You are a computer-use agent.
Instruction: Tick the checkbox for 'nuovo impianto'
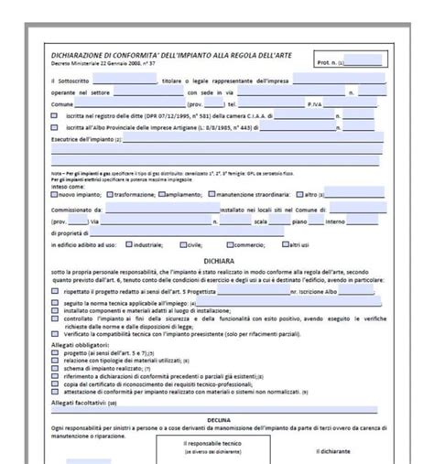(54, 194)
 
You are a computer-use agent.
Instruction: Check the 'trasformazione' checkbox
(109, 194)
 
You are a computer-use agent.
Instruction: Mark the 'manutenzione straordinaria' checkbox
(212, 194)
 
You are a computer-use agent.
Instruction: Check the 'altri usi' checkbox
(284, 245)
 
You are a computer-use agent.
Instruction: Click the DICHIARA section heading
(216, 260)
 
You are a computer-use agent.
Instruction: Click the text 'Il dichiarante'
(333, 450)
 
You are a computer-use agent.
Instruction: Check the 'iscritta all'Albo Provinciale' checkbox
(54, 127)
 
